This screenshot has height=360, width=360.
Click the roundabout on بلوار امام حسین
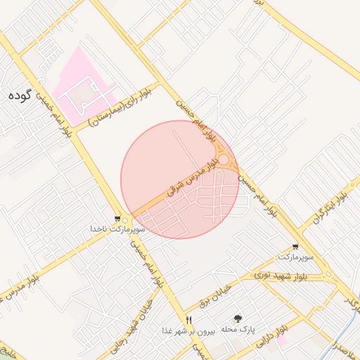pyautogui.click(x=223, y=161)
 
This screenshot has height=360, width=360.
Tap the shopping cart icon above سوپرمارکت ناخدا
pyautogui.click(x=117, y=219)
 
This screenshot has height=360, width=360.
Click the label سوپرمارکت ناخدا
pyautogui.click(x=117, y=229)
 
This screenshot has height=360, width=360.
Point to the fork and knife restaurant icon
pyautogui.click(x=188, y=320)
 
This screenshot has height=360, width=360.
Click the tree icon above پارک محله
pyautogui.click(x=237, y=319)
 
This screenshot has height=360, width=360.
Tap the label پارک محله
pyautogui.click(x=238, y=329)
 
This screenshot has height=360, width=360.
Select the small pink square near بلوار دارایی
pyautogui.click(x=281, y=340)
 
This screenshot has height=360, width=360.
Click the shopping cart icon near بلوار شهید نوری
pyautogui.click(x=295, y=247)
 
